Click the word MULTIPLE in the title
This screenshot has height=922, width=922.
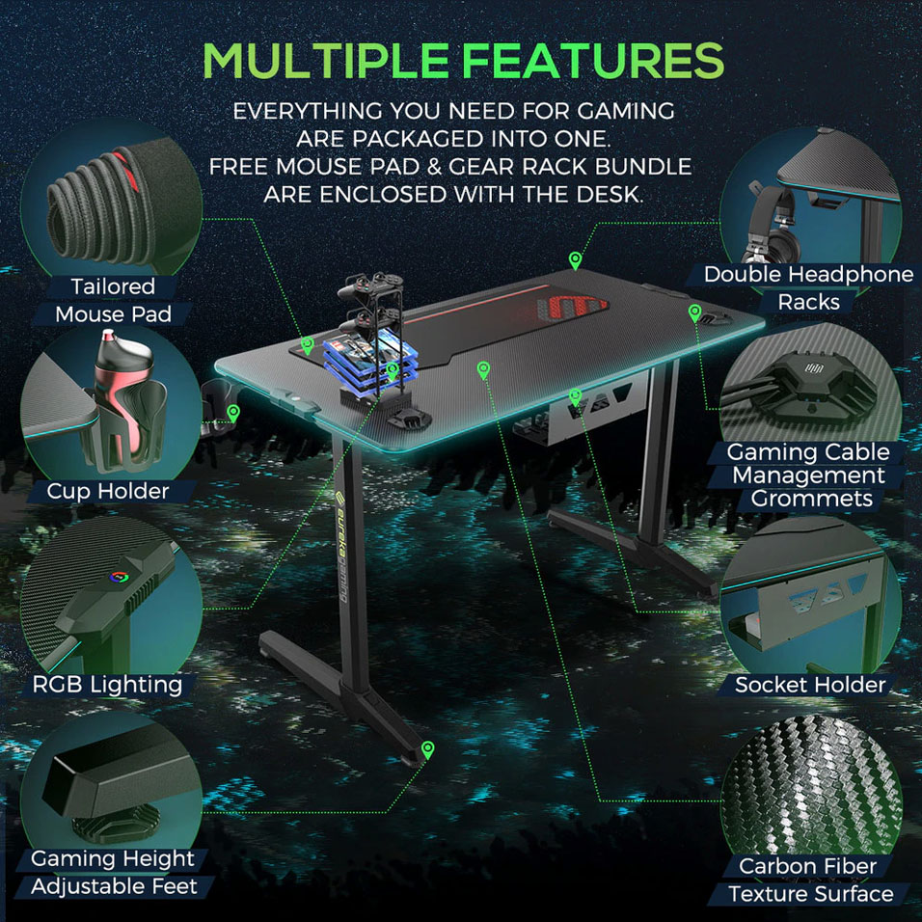[326, 60]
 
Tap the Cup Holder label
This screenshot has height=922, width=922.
[108, 491]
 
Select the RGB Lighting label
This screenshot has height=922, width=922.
[107, 685]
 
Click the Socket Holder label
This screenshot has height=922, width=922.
[810, 685]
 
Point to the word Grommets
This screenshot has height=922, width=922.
[811, 499]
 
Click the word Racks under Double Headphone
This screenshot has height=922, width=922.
[808, 302]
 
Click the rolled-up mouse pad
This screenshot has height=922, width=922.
[118, 203]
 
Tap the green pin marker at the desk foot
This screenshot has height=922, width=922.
[428, 750]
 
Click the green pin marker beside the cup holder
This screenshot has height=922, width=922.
[233, 413]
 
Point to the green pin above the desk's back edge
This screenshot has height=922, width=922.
[575, 259]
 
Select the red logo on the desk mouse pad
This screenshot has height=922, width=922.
[572, 308]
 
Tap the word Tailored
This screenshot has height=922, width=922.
[113, 286]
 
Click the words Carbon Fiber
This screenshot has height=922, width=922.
[807, 866]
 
